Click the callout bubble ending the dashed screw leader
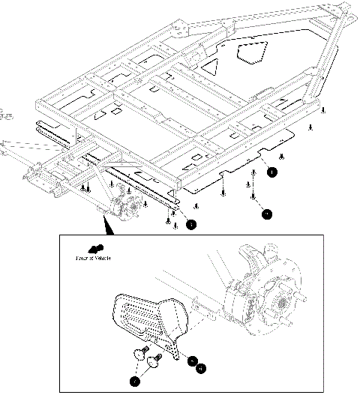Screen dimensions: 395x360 point(267,214)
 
